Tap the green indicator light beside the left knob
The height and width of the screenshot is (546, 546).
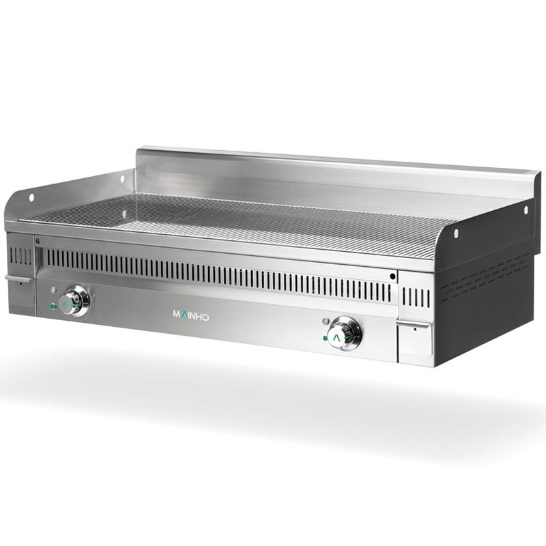pos(52,306)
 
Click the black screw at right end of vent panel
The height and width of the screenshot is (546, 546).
pos(392,276)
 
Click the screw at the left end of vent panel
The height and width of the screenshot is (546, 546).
pos(38,240)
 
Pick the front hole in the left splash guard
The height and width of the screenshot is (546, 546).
pos(31,197)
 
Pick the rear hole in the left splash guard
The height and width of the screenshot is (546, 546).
pos(122,179)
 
